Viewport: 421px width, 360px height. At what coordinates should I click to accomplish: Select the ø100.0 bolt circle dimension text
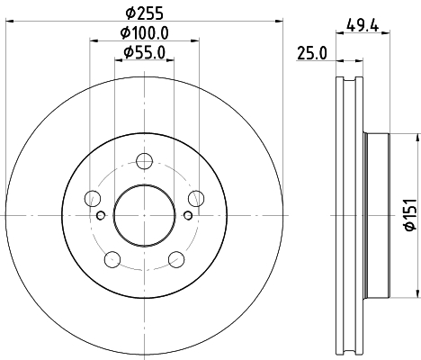tap(144, 34)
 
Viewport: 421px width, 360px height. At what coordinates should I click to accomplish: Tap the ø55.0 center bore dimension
tap(144, 53)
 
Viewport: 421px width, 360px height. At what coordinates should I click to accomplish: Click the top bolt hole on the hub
tap(144, 162)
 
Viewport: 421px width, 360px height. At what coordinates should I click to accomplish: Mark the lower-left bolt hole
tap(112, 260)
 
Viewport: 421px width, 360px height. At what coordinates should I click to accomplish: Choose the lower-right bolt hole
tap(176, 260)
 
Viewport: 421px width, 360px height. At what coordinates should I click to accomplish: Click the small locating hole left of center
tap(101, 214)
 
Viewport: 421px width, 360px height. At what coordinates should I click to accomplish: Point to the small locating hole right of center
tap(187, 214)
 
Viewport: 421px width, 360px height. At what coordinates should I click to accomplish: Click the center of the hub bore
tap(144, 214)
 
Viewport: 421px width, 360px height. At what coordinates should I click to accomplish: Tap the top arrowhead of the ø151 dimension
tap(417, 136)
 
